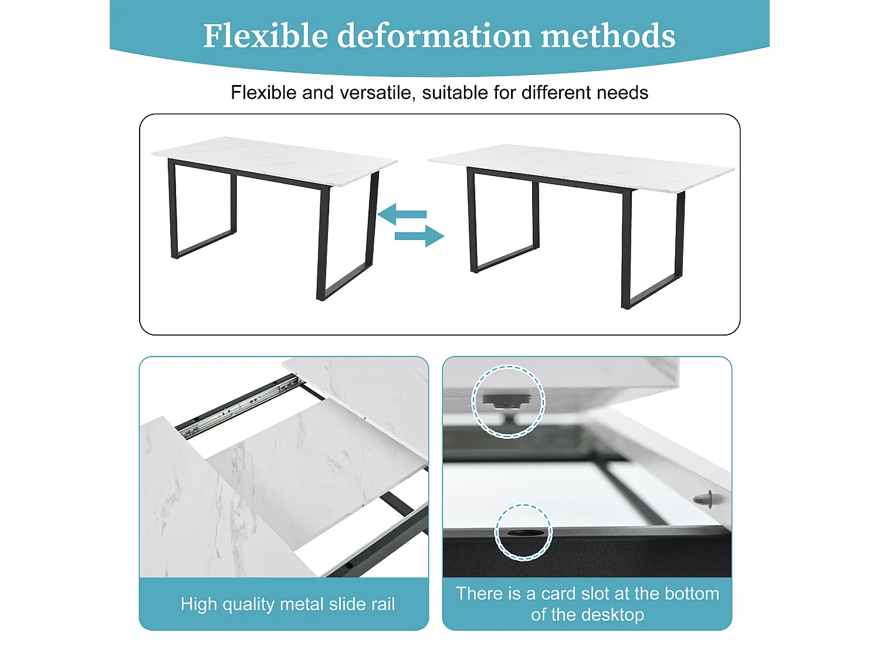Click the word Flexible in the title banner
coord(265,36)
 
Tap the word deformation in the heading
coord(434,36)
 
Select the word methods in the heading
coord(608,36)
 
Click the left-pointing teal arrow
coord(402,214)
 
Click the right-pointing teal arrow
coord(419,236)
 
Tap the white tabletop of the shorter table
coord(274,161)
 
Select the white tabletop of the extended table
coord(581,167)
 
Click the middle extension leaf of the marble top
coord(317,474)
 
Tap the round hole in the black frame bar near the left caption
coord(349,566)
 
